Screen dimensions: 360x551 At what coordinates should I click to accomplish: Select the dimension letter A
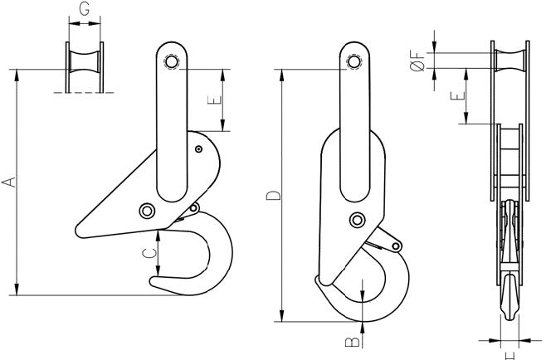9,181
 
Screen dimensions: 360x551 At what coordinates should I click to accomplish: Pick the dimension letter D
272,197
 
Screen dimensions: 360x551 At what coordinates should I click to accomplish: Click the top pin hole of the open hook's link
172,62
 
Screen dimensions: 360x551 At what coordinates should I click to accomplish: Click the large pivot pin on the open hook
148,211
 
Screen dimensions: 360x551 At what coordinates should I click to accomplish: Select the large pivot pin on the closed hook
358,219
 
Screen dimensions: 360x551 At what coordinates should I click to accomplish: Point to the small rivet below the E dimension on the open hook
199,149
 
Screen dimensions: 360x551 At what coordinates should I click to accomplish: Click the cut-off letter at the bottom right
507,355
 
